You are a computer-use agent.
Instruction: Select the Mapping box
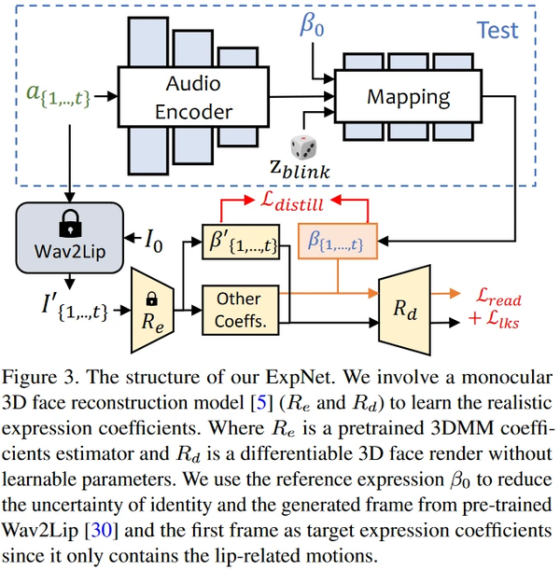(406, 97)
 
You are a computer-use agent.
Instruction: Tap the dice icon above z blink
(301, 146)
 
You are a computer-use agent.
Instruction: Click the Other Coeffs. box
(238, 307)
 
